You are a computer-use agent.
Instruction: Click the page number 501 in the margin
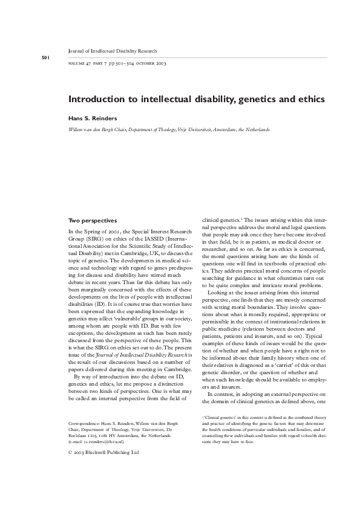tap(45, 57)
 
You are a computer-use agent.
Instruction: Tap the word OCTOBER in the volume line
tap(145, 63)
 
